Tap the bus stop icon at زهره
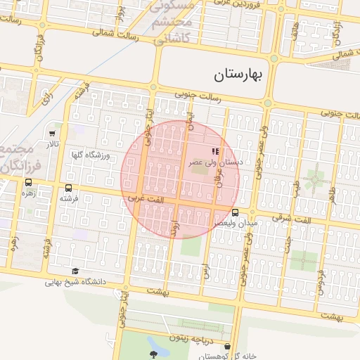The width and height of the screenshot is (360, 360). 28,182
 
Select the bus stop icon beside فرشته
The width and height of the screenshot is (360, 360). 68,188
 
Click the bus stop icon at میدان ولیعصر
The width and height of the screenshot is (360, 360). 235,212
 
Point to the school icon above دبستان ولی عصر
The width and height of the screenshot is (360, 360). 214,151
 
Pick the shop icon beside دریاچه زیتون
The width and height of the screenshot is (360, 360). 228,346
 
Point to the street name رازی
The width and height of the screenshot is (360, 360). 47,96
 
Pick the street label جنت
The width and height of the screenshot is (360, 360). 287,243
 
